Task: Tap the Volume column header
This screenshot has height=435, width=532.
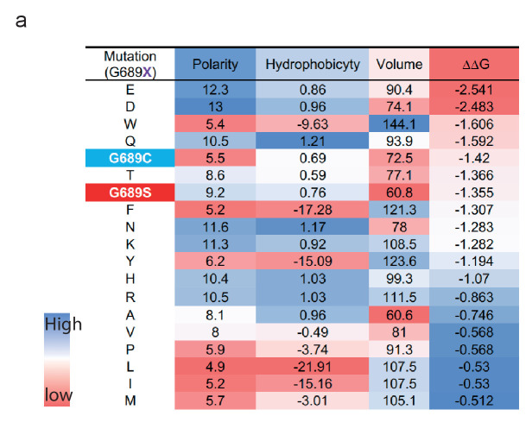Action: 400,64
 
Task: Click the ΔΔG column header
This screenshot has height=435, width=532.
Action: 473,64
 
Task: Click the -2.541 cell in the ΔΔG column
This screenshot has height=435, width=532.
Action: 473,88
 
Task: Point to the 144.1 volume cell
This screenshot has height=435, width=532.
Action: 400,123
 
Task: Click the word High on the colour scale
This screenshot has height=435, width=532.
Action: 63,325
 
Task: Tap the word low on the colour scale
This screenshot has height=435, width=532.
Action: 60,395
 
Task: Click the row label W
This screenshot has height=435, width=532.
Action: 128,123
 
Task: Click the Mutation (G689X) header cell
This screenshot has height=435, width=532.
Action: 128,64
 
